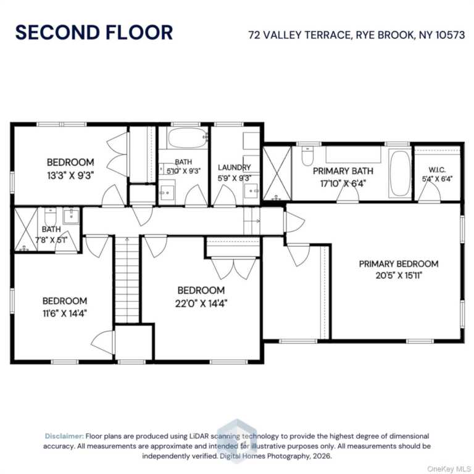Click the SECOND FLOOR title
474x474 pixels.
94,32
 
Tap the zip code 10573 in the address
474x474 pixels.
450,35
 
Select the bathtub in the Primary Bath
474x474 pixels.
400,173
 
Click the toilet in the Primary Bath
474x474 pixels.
307,156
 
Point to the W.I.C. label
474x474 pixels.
437,170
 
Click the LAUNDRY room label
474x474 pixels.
235,167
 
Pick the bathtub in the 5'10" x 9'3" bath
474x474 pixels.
188,138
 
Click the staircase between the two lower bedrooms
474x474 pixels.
127,280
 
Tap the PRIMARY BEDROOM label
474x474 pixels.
399,264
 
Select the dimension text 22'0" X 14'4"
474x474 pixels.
201,303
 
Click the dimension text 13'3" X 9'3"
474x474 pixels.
71,175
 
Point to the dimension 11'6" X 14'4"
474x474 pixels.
65,314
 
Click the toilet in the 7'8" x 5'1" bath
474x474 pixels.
50,216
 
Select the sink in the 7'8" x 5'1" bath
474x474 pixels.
72,217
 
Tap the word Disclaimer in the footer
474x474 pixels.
64,436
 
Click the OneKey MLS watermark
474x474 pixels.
449,468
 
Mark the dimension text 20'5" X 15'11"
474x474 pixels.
399,276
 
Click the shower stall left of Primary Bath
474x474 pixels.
276,173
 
